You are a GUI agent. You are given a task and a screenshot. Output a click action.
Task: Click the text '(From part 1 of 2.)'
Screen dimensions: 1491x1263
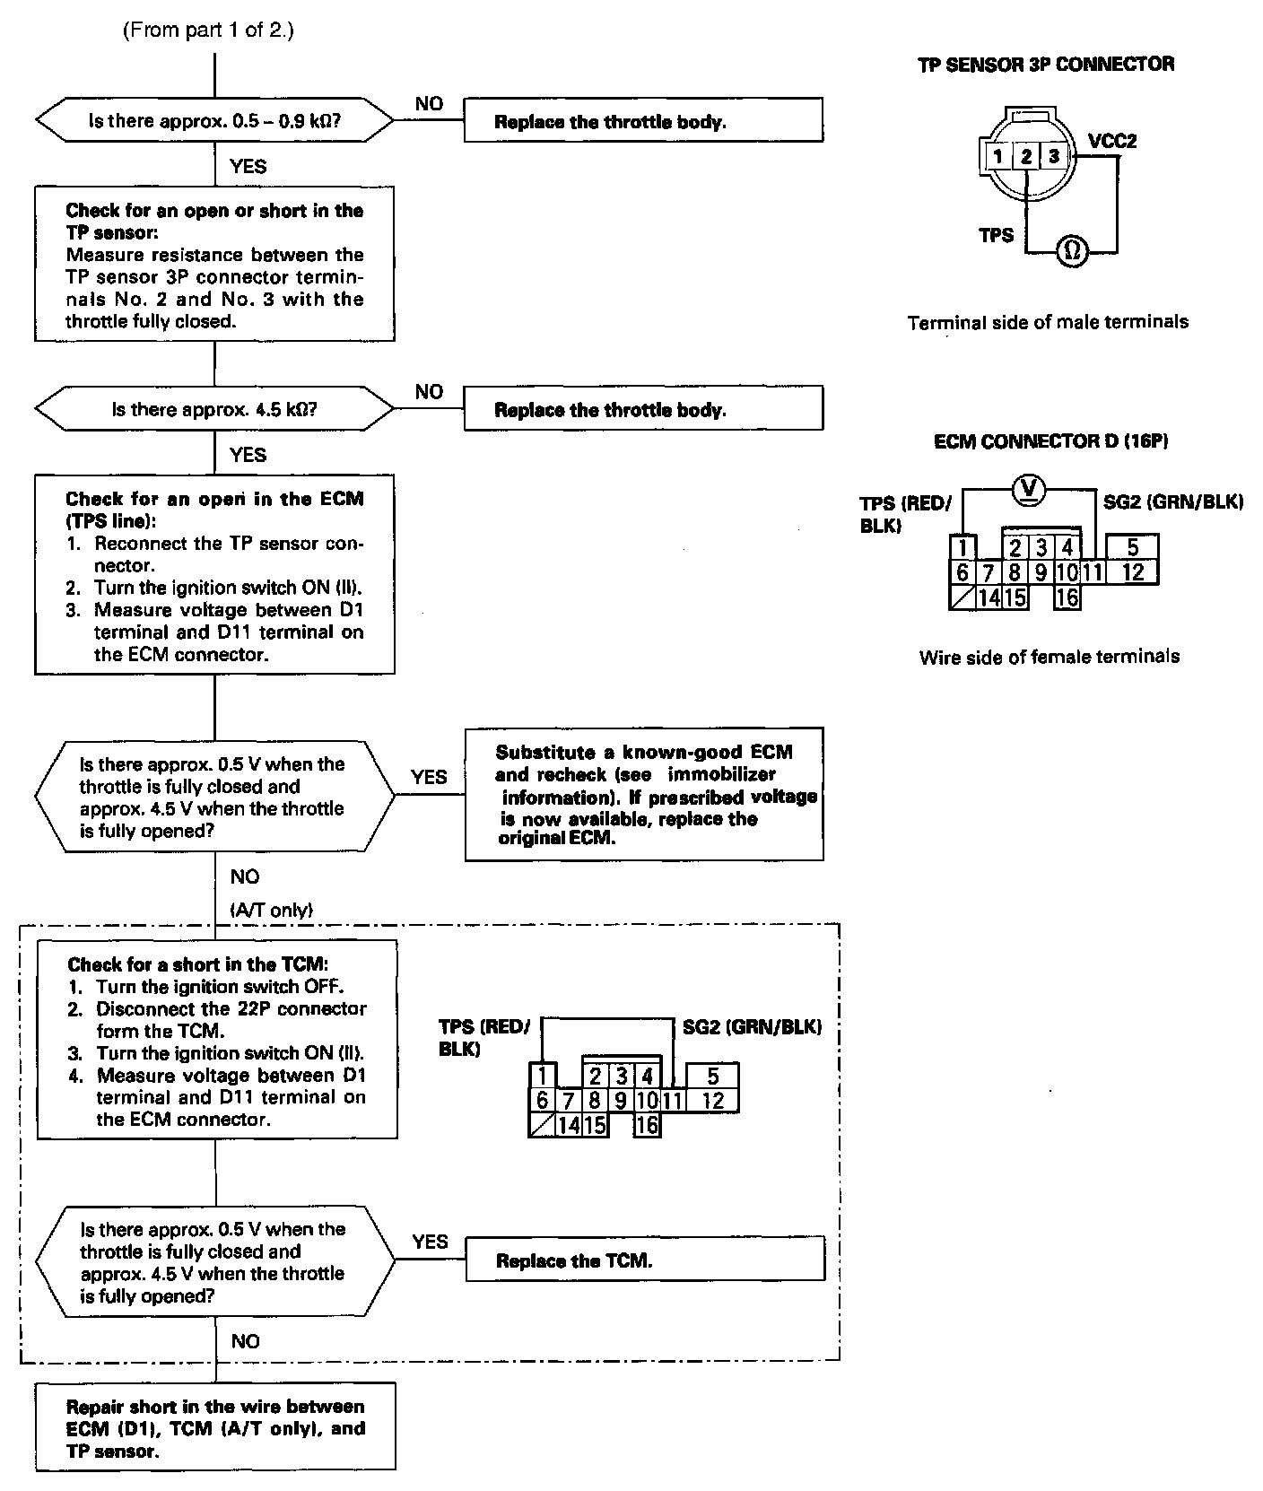[x=208, y=31]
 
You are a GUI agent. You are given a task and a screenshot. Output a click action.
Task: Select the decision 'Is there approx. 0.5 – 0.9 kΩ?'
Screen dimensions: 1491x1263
[x=214, y=121]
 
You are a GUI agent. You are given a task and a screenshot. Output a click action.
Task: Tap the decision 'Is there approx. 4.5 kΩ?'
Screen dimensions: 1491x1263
[x=214, y=409]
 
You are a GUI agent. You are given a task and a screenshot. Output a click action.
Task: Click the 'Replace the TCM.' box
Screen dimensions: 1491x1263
[x=644, y=1260]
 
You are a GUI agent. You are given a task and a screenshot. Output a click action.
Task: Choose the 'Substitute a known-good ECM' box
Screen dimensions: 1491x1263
[x=644, y=795]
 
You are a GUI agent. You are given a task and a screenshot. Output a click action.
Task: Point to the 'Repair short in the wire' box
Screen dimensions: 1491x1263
[x=215, y=1428]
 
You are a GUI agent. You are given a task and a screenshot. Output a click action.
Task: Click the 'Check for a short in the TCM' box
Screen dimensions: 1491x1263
[x=216, y=1041]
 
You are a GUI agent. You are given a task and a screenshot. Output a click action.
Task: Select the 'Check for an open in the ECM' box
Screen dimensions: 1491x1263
[x=214, y=575]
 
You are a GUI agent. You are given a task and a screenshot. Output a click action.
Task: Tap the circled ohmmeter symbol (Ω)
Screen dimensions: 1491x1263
[x=1071, y=251]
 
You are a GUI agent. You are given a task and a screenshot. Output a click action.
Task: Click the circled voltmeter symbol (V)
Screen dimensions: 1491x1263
[x=1030, y=488]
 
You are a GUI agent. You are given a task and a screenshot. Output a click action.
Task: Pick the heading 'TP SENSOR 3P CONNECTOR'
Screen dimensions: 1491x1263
[x=1046, y=65]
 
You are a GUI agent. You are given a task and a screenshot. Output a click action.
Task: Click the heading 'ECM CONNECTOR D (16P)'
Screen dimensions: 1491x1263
[x=1050, y=441]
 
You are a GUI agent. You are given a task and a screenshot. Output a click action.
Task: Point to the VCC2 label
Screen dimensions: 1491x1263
[x=1112, y=142]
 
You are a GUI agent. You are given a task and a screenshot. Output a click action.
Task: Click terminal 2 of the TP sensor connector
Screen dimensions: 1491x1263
[x=1025, y=156]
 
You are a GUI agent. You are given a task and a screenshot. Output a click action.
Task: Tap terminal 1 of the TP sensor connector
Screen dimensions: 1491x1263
[x=997, y=156]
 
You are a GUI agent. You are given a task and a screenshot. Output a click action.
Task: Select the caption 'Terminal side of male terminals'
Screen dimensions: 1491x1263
[x=1048, y=322]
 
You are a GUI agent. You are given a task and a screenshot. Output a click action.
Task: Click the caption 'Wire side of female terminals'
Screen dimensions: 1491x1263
[x=1049, y=657]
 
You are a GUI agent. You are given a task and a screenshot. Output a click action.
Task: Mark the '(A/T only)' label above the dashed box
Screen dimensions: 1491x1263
[x=272, y=910]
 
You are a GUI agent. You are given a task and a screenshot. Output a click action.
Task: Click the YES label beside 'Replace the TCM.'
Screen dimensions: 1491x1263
[x=430, y=1242]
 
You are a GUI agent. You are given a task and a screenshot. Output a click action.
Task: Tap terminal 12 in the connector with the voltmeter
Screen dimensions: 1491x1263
[x=1133, y=571]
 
